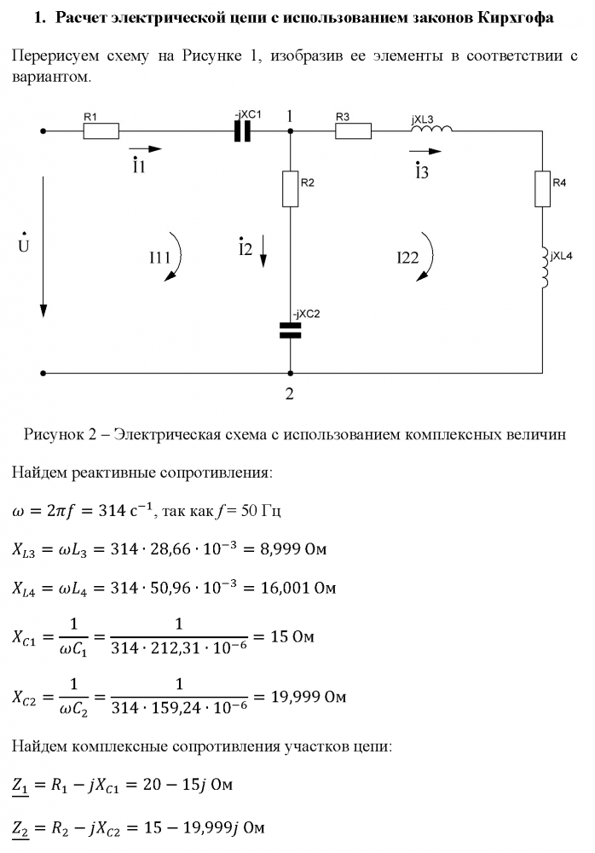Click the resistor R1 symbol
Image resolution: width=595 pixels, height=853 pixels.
pyautogui.click(x=101, y=131)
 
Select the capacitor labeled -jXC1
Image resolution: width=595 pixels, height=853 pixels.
pyautogui.click(x=243, y=131)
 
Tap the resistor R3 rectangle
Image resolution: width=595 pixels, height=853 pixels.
pyautogui.click(x=354, y=131)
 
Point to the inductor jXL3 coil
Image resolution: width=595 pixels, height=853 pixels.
pyautogui.click(x=431, y=129)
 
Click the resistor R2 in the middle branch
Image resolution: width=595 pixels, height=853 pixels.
pyautogui.click(x=291, y=189)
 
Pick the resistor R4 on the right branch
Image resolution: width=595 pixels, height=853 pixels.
pyautogui.click(x=542, y=189)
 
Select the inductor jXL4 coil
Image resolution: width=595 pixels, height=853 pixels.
pyautogui.click(x=544, y=268)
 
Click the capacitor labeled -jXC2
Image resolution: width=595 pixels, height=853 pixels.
pyautogui.click(x=290, y=330)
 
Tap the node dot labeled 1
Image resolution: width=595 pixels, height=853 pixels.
pyautogui.click(x=291, y=131)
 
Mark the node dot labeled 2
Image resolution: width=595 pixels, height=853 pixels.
pyautogui.click(x=291, y=374)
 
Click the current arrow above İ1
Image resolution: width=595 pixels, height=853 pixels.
pyautogui.click(x=145, y=148)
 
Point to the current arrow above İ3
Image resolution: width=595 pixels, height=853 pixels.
pyautogui.click(x=425, y=151)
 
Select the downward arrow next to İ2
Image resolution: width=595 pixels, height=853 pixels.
pyautogui.click(x=263, y=251)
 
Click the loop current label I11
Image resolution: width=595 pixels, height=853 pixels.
pyautogui.click(x=160, y=257)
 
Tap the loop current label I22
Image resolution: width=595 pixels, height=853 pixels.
pyautogui.click(x=408, y=257)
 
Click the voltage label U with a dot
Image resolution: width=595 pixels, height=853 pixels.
pyautogui.click(x=23, y=244)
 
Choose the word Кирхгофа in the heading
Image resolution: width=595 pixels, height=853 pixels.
pyautogui.click(x=516, y=18)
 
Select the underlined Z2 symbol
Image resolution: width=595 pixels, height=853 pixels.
pyautogui.click(x=20, y=829)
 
